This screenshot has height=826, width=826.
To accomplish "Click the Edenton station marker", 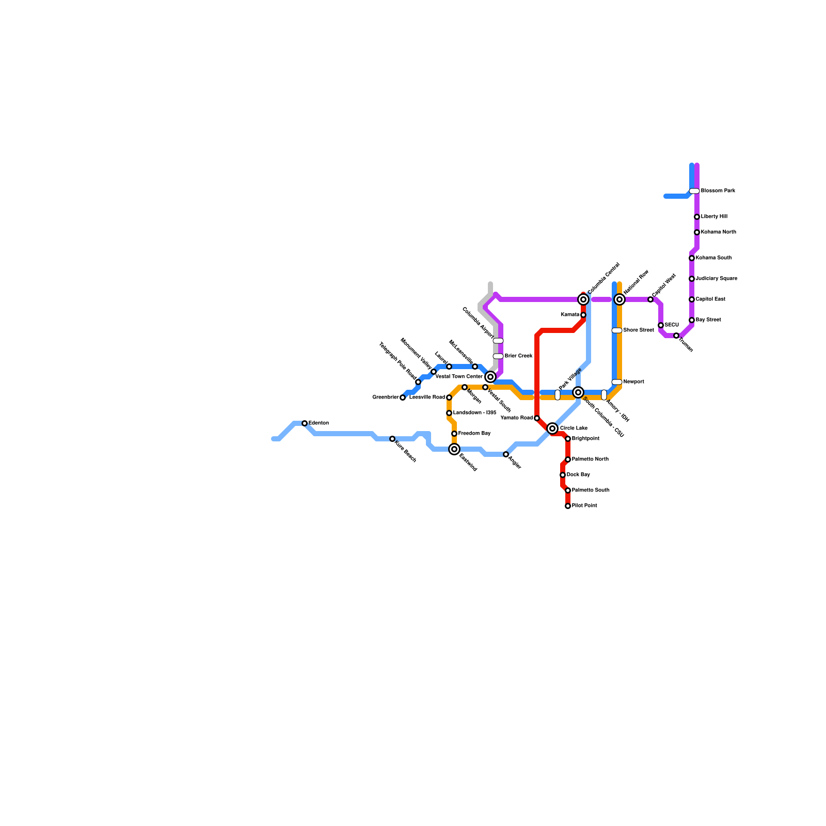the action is pyautogui.click(x=305, y=423).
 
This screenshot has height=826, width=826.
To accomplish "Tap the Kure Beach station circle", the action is pyautogui.click(x=392, y=439).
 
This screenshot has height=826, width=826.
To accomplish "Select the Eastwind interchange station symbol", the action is pyautogui.click(x=454, y=449).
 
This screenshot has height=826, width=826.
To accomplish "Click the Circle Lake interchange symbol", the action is pyautogui.click(x=552, y=428).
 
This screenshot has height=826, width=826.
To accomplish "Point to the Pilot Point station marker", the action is pyautogui.click(x=568, y=506).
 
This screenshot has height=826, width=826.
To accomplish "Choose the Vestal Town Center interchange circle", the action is pyautogui.click(x=490, y=377).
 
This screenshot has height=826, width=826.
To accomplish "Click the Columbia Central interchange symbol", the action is pyautogui.click(x=583, y=299).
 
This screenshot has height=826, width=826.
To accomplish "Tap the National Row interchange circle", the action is pyautogui.click(x=619, y=299).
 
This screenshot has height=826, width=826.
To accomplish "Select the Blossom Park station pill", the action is pyautogui.click(x=694, y=191).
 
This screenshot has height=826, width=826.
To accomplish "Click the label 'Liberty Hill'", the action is pyautogui.click(x=714, y=217).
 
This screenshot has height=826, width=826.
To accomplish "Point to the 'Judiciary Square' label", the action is pyautogui.click(x=716, y=279).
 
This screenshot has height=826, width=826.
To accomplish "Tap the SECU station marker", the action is pyautogui.click(x=661, y=325).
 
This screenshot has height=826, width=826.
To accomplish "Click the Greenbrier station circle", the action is pyautogui.click(x=403, y=398).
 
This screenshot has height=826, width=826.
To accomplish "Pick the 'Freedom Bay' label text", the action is pyautogui.click(x=474, y=434).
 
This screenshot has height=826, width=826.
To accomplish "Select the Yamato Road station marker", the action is pyautogui.click(x=537, y=418).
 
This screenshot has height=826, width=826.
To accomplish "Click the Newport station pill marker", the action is pyautogui.click(x=617, y=382).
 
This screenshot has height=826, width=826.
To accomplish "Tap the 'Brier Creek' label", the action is pyautogui.click(x=518, y=356).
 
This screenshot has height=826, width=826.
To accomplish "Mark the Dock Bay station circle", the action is pyautogui.click(x=563, y=475).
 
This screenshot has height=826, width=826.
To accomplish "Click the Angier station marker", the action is pyautogui.click(x=506, y=454).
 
